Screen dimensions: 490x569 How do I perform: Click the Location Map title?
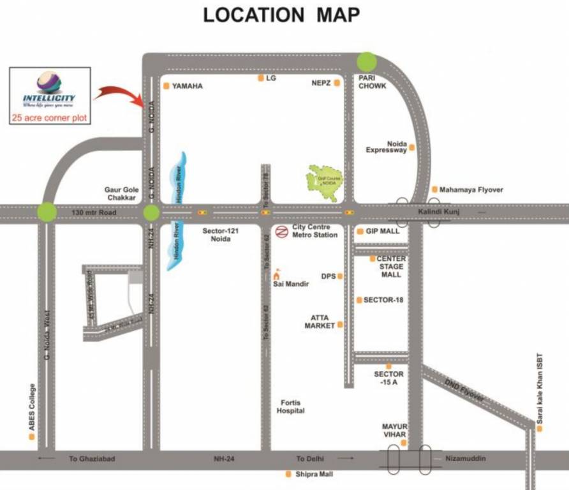click(x=281, y=15)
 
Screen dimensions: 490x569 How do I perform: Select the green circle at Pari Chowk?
click(x=367, y=62)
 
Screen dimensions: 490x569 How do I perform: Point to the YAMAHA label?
click(x=187, y=85)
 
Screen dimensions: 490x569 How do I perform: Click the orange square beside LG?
click(x=260, y=78)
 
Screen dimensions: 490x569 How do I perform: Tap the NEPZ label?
click(x=320, y=82)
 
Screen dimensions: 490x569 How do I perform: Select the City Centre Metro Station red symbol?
click(x=281, y=232)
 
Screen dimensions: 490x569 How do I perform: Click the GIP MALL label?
click(x=381, y=231)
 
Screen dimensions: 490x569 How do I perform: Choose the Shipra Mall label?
click(x=314, y=474)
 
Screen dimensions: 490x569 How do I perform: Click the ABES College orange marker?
click(x=31, y=436)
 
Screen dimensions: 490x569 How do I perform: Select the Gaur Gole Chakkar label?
click(x=121, y=194)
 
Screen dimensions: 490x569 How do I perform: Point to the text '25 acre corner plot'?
click(x=50, y=117)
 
